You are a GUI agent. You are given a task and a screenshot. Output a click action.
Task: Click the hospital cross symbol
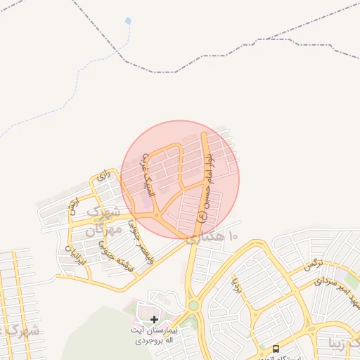154,319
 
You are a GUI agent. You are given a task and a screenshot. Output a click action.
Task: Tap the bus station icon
275,349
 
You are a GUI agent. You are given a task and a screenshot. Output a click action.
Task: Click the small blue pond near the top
127,20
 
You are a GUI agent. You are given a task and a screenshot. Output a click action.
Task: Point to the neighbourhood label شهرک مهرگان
103,220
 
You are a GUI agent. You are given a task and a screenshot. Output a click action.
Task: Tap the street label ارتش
73,206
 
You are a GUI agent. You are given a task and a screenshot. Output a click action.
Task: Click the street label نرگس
311,265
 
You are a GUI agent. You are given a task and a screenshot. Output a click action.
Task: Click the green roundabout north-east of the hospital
193,305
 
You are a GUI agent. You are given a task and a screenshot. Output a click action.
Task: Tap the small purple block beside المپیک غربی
144,202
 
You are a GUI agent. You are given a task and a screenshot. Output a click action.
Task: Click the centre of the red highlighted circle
180,179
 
